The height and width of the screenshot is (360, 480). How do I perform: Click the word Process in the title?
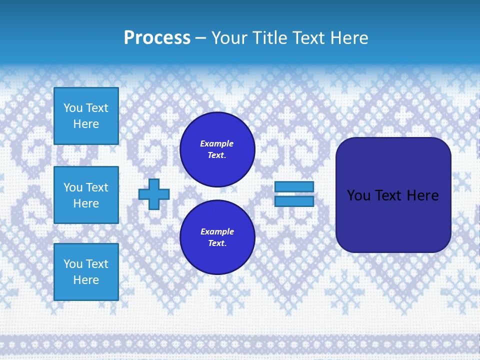[x=157, y=38]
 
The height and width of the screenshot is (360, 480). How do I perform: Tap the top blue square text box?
[x=86, y=116]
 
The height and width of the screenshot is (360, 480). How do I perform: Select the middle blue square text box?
[x=86, y=195]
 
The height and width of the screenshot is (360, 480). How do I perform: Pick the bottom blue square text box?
[x=86, y=272]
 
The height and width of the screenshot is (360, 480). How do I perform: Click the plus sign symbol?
[x=154, y=194]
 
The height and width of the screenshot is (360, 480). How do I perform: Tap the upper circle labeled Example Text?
[x=217, y=149]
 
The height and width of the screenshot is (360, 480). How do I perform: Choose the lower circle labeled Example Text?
[x=217, y=237]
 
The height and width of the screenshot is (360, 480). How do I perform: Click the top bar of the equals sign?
[x=294, y=186]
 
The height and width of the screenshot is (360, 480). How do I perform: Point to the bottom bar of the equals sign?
[x=294, y=201]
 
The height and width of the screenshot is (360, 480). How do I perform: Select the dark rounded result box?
[x=393, y=195]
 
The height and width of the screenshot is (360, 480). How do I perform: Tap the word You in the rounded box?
[x=358, y=195]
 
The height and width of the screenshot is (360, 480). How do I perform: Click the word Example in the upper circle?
[x=217, y=144]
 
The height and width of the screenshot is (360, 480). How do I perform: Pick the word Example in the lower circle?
[x=217, y=232]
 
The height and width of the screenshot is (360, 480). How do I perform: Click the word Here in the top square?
[x=86, y=124]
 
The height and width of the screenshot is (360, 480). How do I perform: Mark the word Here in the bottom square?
[x=86, y=280]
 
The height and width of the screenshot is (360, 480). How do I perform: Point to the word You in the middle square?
[x=73, y=187]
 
